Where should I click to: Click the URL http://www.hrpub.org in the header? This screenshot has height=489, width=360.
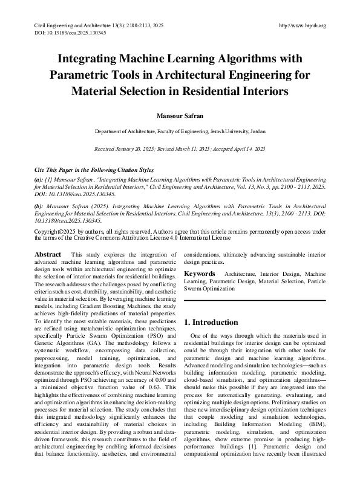[x=303, y=25]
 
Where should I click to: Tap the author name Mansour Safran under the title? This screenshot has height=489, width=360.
[x=180, y=114]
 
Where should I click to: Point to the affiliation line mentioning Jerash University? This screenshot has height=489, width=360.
[x=180, y=131]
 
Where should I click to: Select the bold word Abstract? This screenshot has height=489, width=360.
[x=48, y=255]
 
